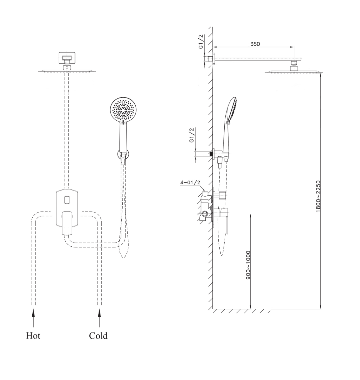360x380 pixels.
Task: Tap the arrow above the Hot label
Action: point(34,318)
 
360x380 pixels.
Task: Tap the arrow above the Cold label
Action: point(100,318)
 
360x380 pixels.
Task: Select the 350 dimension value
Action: point(255,44)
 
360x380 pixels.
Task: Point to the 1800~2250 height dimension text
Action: point(318,196)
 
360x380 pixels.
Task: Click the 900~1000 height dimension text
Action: point(248,265)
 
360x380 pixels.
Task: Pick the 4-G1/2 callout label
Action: point(190,182)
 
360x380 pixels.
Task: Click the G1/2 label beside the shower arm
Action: point(201,41)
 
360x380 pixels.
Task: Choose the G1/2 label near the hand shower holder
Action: point(191,135)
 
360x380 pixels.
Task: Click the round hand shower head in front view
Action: point(123,109)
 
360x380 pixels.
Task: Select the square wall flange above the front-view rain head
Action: point(67,58)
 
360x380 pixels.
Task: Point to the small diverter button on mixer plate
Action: point(67,200)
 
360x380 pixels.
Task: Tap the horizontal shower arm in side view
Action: point(258,59)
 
